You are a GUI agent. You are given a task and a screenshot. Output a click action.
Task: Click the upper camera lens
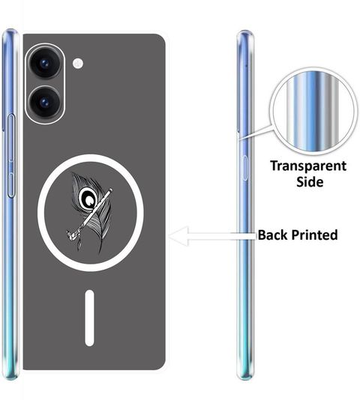pyautogui.click(x=46, y=63)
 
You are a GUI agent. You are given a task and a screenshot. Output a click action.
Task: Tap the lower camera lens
pyautogui.click(x=46, y=102)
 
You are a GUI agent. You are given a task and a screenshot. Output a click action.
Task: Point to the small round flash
pyautogui.click(x=78, y=63)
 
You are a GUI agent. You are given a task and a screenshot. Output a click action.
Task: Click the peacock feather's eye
pyautogui.click(x=88, y=197)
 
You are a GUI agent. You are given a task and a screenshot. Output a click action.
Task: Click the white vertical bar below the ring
pyautogui.click(x=89, y=318)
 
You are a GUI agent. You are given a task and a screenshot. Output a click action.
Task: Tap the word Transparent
pyautogui.click(x=308, y=166)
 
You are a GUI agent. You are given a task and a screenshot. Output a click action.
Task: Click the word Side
pyautogui.click(x=310, y=182)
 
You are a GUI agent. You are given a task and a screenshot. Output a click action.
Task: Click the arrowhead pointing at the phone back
pyautogui.click(x=179, y=236)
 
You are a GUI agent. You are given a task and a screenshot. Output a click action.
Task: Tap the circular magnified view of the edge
pyautogui.click(x=313, y=111)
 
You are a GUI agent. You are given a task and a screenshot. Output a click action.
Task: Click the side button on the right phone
pyautogui.click(x=244, y=168)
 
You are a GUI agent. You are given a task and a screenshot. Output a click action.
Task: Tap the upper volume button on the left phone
pyautogui.click(x=11, y=138)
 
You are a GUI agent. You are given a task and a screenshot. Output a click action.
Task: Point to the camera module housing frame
pyautogui.click(x=45, y=83)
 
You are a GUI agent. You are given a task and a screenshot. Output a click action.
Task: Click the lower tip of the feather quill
pyautogui.click(x=100, y=253)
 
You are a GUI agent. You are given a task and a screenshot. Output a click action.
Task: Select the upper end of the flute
pyautogui.click(x=111, y=190)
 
